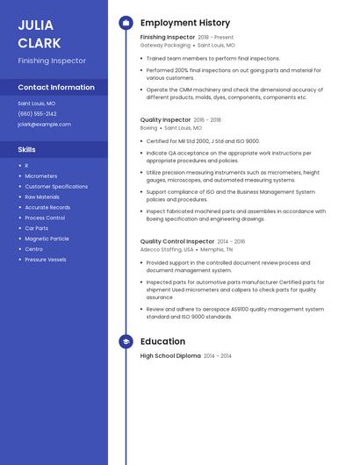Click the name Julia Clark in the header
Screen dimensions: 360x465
[40, 33]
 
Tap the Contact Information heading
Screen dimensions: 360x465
[56, 87]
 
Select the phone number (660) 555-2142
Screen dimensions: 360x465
[37, 113]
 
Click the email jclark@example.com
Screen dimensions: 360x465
[44, 124]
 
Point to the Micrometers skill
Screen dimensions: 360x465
[40, 175]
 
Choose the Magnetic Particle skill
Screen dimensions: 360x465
[47, 239]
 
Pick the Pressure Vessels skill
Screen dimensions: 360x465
[46, 260]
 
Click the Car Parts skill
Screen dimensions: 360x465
[37, 228]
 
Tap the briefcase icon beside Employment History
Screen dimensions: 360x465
[126, 23]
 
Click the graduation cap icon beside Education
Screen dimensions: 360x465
[126, 341]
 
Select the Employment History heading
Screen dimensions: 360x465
[185, 23]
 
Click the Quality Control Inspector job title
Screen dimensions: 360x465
[177, 241]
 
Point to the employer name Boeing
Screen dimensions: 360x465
[149, 128]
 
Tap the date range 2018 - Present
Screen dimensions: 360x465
[216, 38]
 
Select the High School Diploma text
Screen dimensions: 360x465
[170, 356]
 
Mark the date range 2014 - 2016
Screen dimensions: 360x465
[231, 241]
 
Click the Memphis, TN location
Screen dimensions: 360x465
[216, 249]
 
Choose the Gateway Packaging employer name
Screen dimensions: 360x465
[165, 46]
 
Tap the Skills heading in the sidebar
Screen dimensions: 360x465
[26, 149]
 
